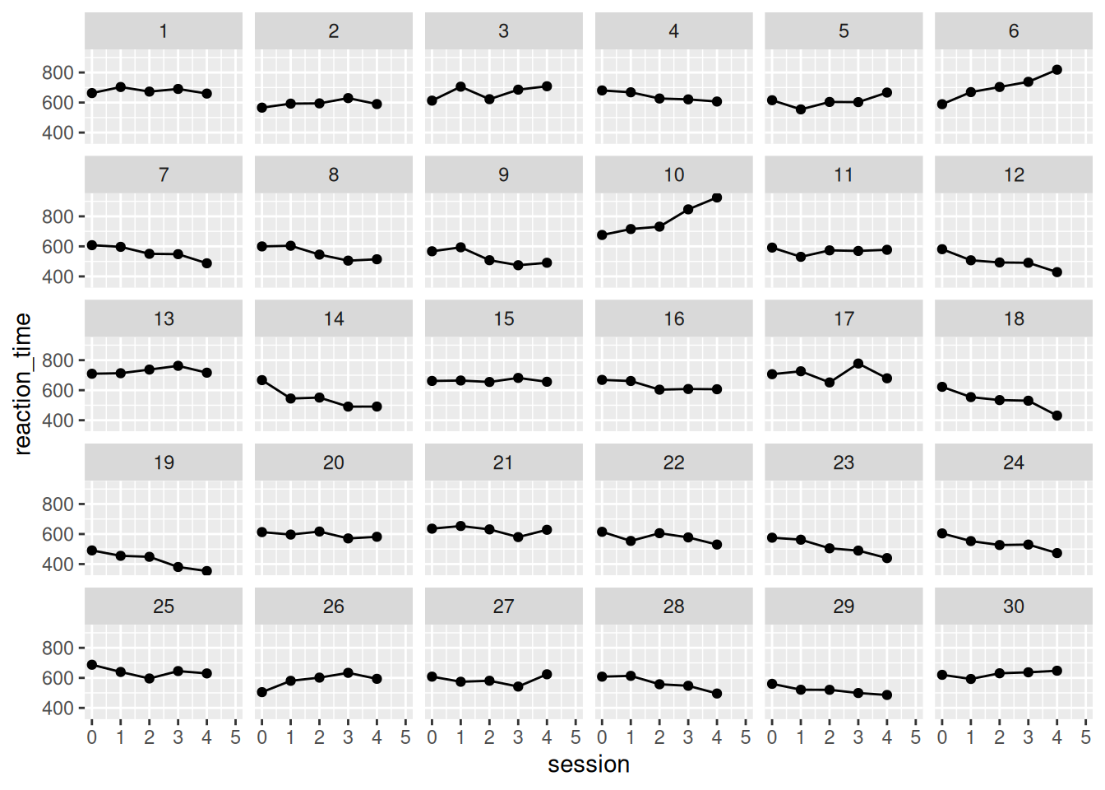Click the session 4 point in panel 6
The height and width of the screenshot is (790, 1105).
[x=1056, y=70]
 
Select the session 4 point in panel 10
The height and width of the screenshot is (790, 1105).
[x=717, y=197]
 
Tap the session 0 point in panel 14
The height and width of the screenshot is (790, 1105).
[x=262, y=380]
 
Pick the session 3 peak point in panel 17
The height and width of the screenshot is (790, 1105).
[x=858, y=364]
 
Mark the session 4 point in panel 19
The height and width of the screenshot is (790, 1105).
[x=206, y=571]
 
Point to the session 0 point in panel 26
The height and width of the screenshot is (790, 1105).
[x=262, y=692]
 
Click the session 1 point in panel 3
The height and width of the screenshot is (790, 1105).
[x=460, y=87]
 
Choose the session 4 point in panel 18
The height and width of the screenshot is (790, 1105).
[x=1056, y=416]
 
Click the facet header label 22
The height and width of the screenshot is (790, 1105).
[x=673, y=462]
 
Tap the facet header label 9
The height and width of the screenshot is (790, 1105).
[x=503, y=174]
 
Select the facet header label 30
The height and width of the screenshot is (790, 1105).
[x=1014, y=606]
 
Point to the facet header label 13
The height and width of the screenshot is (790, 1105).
[x=164, y=319]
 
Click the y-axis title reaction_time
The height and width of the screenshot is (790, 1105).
[x=23, y=383]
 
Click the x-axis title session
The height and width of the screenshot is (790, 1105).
[x=589, y=764]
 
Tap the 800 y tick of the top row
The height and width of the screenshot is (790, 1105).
[x=58, y=73]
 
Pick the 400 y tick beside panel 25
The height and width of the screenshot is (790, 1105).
[x=58, y=709]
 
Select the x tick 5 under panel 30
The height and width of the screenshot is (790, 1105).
[x=1085, y=737]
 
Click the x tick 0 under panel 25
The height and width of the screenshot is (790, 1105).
[x=92, y=737]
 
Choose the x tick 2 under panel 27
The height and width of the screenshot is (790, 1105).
[x=489, y=737]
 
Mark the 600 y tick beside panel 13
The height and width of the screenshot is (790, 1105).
[x=58, y=391]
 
